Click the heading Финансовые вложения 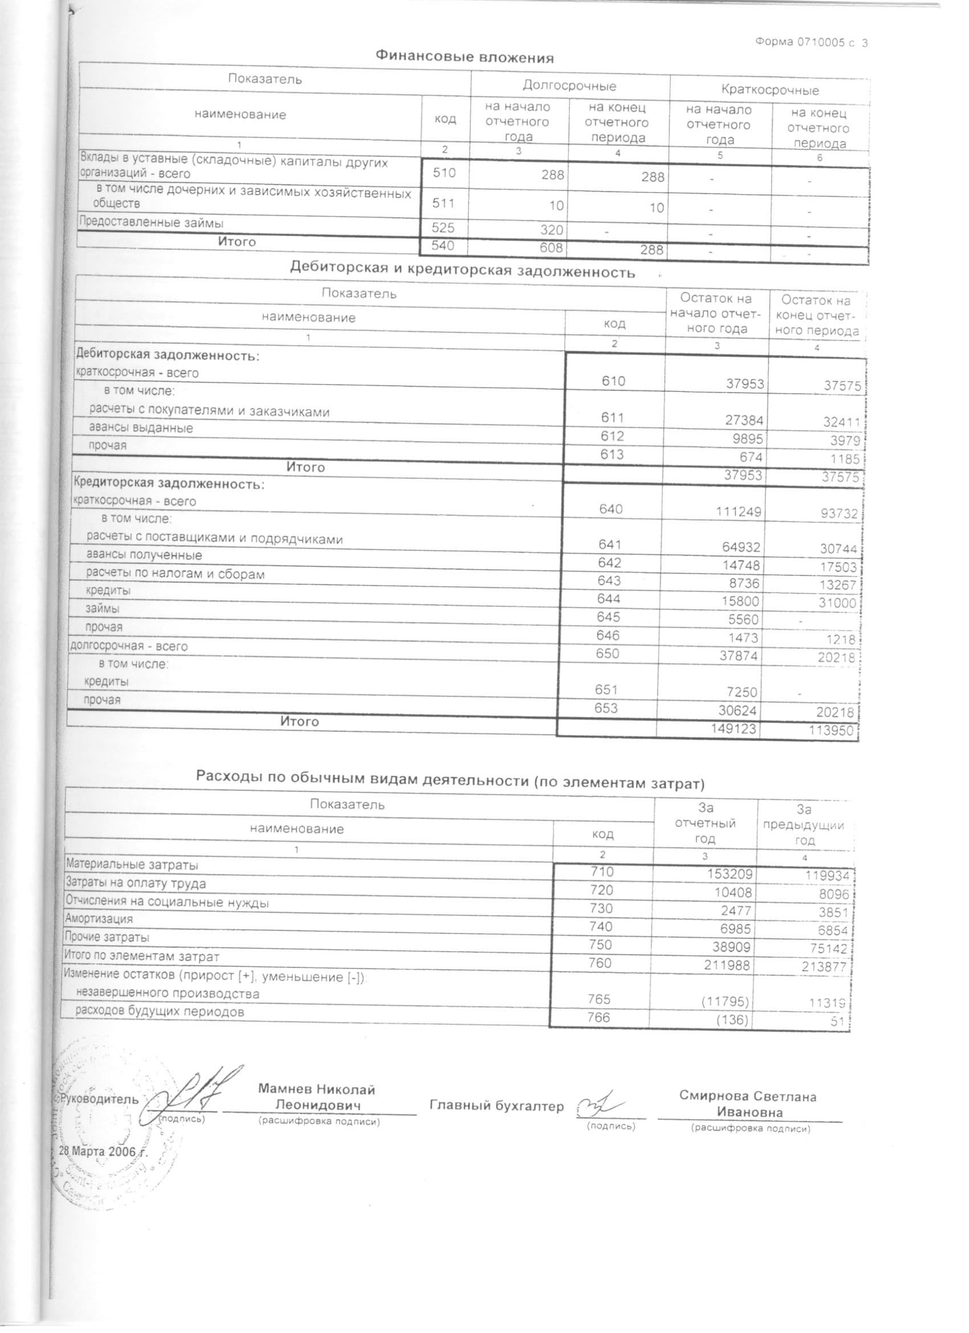click(465, 57)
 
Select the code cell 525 click(443, 227)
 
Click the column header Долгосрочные click(569, 86)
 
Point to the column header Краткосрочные click(769, 90)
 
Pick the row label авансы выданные click(141, 428)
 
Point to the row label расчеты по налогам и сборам click(175, 574)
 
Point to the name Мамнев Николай click(316, 1089)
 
